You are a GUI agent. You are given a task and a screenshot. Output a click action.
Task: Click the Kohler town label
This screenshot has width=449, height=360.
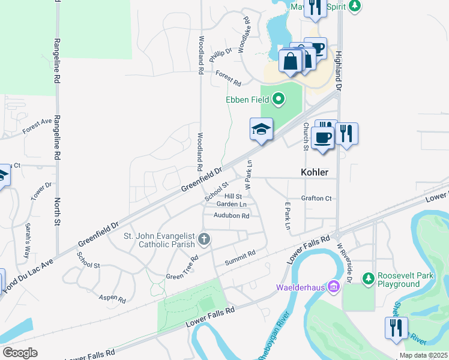click(x=314, y=172)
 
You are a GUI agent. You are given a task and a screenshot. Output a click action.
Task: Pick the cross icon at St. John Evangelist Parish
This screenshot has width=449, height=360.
click(x=204, y=240)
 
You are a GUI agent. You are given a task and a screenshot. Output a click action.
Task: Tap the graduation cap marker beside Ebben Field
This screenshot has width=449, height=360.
click(x=261, y=130)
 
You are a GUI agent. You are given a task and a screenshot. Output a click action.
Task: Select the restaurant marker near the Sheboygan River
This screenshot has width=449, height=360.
click(x=396, y=328)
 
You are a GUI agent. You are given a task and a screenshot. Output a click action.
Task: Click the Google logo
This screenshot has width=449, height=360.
click(x=20, y=353)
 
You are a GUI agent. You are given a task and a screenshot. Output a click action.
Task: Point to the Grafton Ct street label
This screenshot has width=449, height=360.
click(x=316, y=199)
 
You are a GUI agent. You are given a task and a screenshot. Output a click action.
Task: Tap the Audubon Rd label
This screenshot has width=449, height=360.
click(x=231, y=216)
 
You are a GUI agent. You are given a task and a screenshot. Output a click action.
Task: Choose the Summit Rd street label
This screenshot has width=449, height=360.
click(x=240, y=257)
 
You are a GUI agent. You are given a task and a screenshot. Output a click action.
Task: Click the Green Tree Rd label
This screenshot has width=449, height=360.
click(x=182, y=268)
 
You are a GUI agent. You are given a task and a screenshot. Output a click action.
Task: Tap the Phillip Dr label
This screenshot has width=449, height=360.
click(x=220, y=55)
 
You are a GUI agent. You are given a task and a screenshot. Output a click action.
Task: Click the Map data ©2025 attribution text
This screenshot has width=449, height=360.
click(x=422, y=355)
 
